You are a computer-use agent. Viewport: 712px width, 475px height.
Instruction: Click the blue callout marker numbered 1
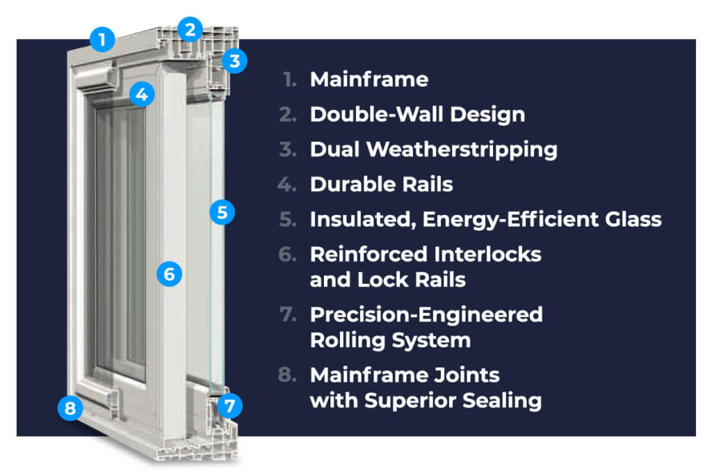[x=102, y=39]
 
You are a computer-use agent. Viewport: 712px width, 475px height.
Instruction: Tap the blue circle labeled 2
[x=190, y=29]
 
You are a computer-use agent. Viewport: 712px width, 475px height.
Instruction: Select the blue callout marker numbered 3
[x=234, y=61]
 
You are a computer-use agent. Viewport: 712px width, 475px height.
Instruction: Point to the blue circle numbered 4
[x=142, y=94]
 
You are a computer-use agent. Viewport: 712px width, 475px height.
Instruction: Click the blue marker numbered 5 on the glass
[x=222, y=212]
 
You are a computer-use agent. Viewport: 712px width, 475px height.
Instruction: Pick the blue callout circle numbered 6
[x=169, y=274]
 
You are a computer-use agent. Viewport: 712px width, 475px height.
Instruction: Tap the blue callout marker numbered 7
[x=229, y=405]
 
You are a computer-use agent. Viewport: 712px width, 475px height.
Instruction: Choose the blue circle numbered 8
[x=70, y=408]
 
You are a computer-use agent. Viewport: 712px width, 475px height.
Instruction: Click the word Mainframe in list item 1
[x=369, y=79]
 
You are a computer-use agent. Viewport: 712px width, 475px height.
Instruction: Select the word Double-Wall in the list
[x=376, y=115]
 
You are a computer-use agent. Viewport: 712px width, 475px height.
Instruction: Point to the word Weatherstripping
[x=462, y=150]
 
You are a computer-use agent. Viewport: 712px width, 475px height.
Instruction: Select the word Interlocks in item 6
[x=487, y=255]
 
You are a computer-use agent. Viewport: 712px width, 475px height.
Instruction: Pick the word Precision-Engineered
[x=426, y=315]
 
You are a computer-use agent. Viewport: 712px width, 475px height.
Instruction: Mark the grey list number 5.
[x=288, y=219]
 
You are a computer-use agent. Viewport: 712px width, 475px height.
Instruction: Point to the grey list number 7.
[x=288, y=314]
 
